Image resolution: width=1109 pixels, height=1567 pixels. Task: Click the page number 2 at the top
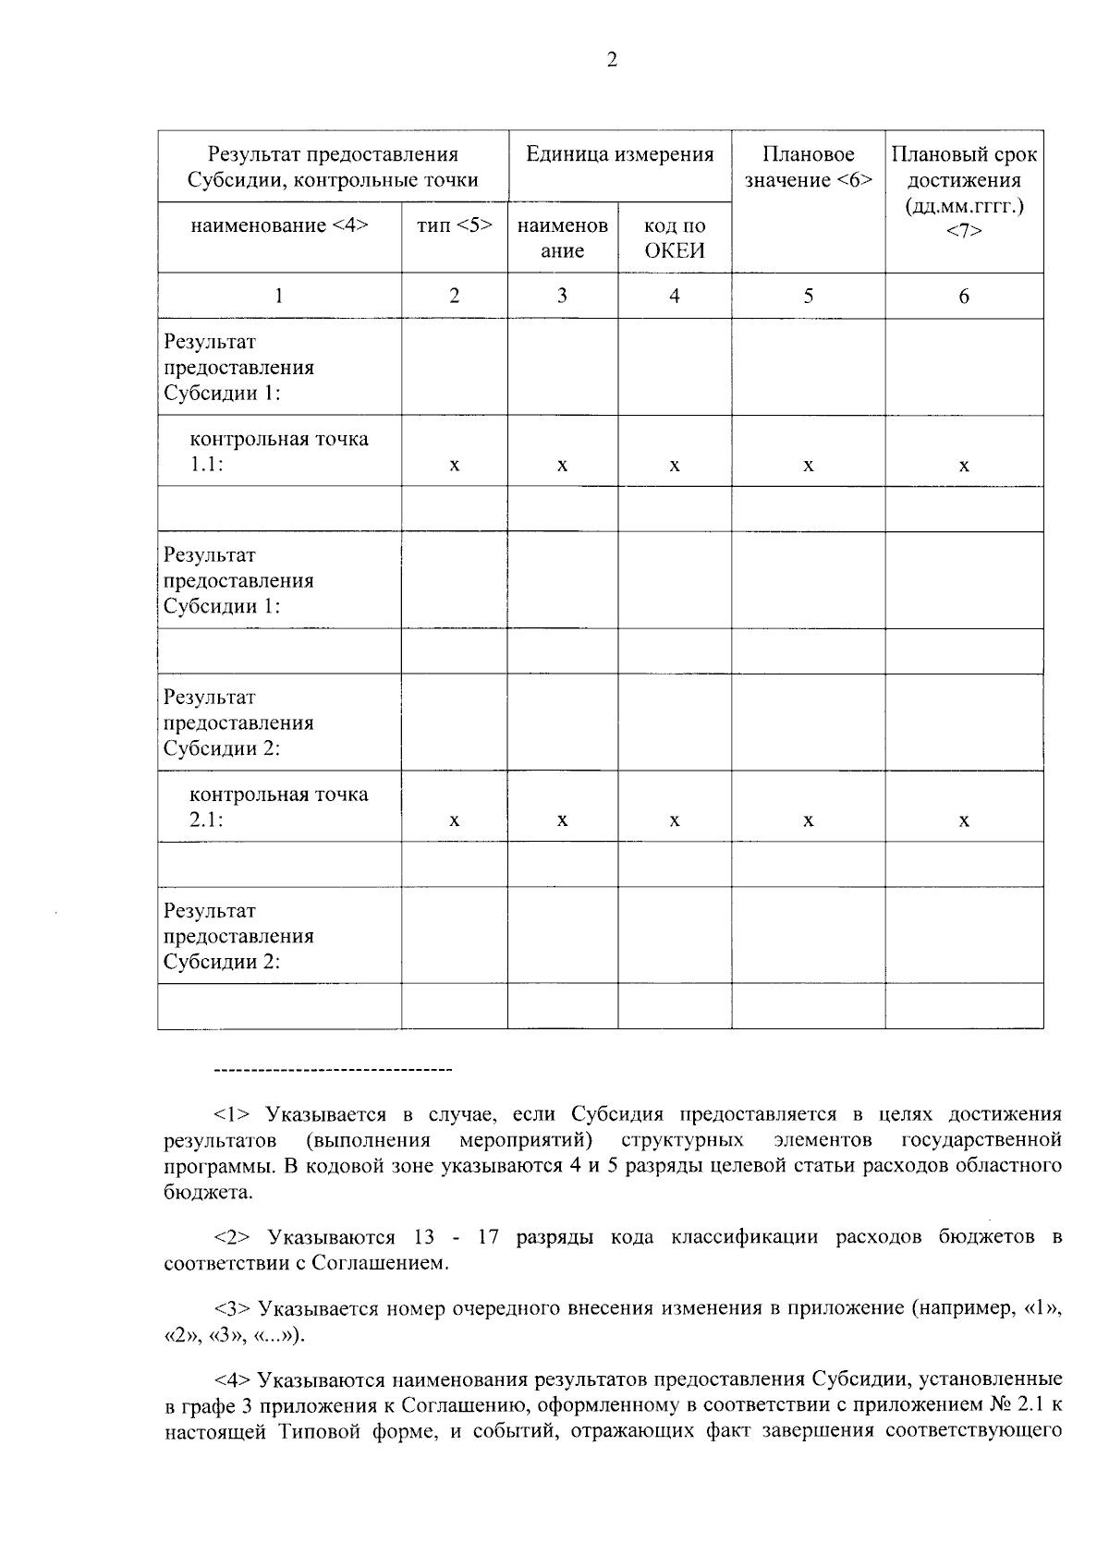pyautogui.click(x=611, y=60)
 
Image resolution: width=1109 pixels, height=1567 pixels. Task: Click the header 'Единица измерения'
pyautogui.click(x=619, y=155)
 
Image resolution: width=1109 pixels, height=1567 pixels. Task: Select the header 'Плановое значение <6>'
pyautogui.click(x=808, y=167)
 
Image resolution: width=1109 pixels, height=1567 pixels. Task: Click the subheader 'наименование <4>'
pyautogui.click(x=279, y=225)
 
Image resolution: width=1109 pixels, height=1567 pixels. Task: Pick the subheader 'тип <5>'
pyautogui.click(x=454, y=225)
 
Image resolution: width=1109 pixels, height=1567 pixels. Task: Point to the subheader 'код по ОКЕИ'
pyautogui.click(x=674, y=238)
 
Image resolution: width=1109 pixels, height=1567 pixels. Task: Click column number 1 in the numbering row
pyautogui.click(x=278, y=296)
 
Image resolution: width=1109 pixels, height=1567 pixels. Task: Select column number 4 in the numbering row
pyautogui.click(x=674, y=296)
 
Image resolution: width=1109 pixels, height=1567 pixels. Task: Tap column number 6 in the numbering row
pyautogui.click(x=964, y=296)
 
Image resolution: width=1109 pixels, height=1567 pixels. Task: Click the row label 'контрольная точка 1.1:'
pyautogui.click(x=278, y=451)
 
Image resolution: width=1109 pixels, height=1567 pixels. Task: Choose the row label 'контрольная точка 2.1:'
pyautogui.click(x=278, y=807)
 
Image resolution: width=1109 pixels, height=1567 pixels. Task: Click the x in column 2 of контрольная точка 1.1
pyautogui.click(x=454, y=466)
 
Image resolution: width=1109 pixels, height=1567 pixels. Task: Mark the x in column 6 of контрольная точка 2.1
pyautogui.click(x=964, y=820)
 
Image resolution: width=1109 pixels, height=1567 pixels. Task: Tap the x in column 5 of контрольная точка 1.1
pyautogui.click(x=808, y=466)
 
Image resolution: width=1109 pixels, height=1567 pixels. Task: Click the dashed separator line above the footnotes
pyautogui.click(x=332, y=1071)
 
